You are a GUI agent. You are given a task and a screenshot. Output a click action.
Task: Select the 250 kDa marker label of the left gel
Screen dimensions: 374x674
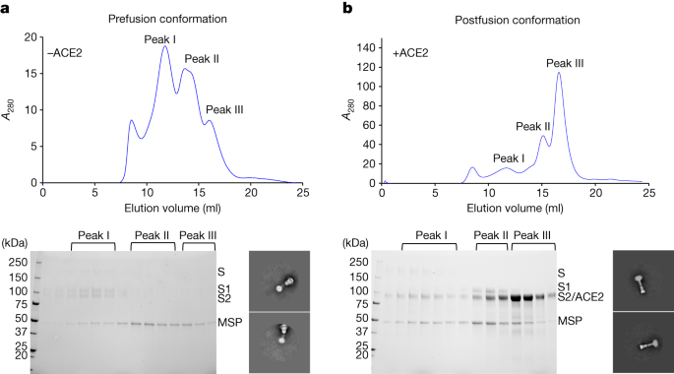point(17,263)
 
